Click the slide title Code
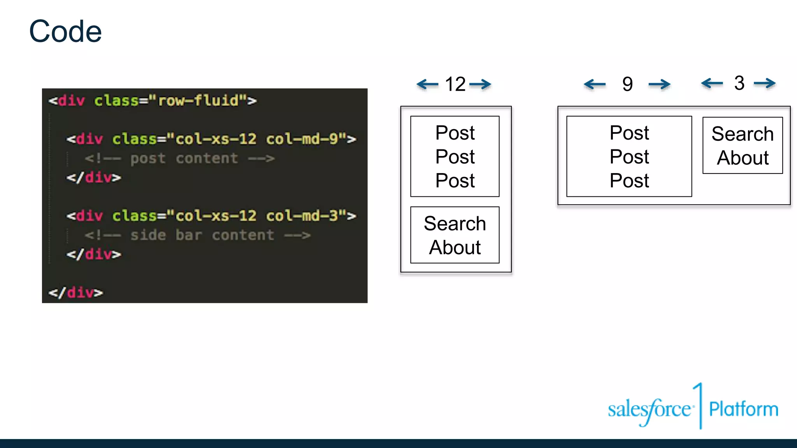coord(65,31)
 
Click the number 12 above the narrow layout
coord(455,84)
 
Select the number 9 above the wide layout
coord(627,84)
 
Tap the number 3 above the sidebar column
coord(739,83)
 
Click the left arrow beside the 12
coord(427,84)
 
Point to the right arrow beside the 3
coord(765,83)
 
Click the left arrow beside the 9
coord(595,84)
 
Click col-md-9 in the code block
coord(302,139)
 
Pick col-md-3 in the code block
coord(302,215)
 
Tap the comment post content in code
coord(180,158)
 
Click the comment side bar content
coord(198,235)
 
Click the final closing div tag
coord(76,292)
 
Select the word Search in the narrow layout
coord(455,224)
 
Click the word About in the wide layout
coord(743,158)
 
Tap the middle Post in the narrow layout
coord(455,157)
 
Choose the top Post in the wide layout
coord(629,133)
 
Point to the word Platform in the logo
coord(743,409)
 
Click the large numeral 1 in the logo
coord(699,404)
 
